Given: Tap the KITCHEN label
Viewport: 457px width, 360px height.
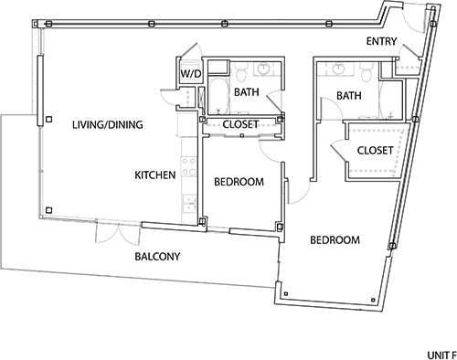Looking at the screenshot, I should (x=155, y=175).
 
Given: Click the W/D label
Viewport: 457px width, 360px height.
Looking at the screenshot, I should (x=190, y=73).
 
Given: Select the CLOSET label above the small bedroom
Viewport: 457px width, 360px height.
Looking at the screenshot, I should (x=240, y=123).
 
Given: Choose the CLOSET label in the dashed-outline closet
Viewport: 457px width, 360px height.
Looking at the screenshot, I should (x=375, y=150).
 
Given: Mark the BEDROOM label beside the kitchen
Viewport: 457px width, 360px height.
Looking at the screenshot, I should (x=239, y=182).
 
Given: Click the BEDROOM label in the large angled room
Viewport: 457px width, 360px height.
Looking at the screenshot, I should (x=335, y=240).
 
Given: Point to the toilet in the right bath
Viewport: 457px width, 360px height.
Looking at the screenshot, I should (x=367, y=70).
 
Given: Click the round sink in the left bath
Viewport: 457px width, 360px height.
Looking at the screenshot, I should (x=264, y=69).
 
